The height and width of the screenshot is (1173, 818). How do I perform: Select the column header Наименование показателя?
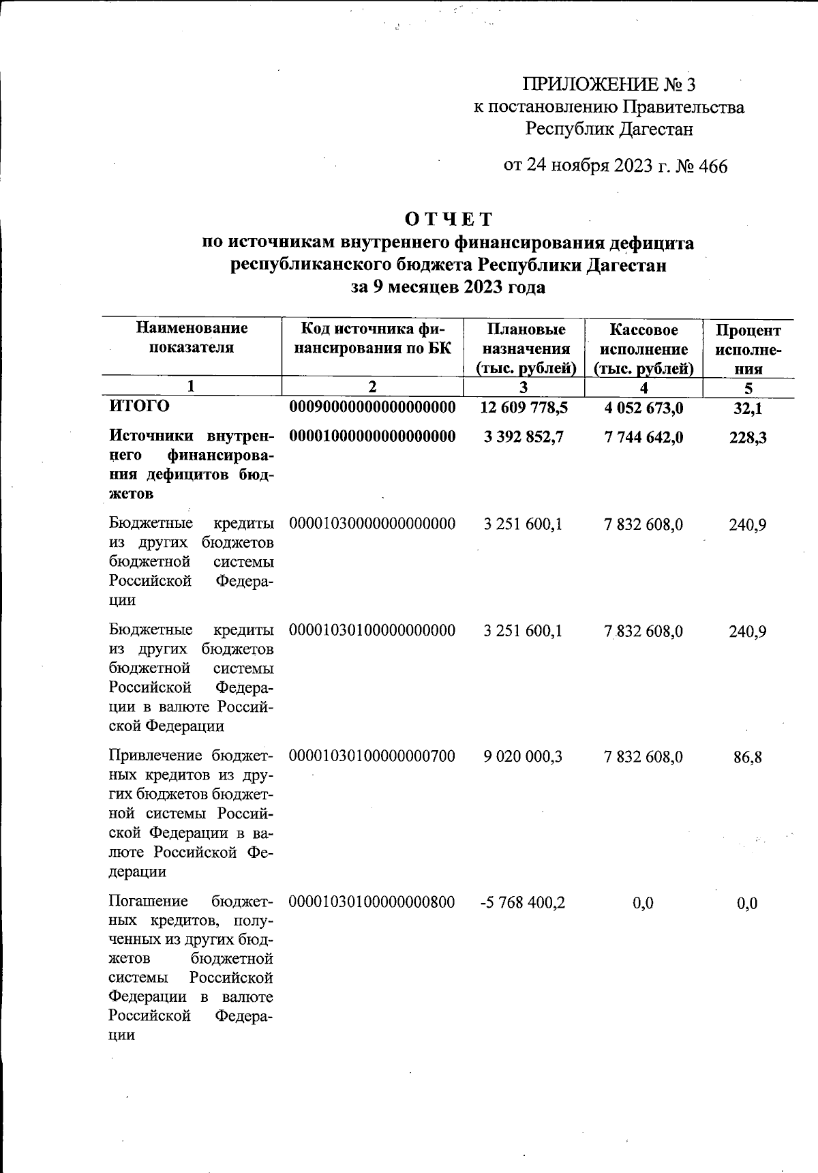(x=192, y=338)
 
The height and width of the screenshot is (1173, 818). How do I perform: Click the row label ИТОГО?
(x=139, y=407)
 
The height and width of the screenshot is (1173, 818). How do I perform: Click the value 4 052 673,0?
(x=643, y=408)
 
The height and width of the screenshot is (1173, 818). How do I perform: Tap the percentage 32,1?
(x=748, y=409)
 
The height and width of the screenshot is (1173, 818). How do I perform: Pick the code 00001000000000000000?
(x=372, y=436)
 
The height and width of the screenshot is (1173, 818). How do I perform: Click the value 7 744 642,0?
(x=643, y=437)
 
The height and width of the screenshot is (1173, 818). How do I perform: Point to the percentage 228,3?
(x=748, y=437)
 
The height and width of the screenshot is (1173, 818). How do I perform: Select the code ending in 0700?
(x=372, y=756)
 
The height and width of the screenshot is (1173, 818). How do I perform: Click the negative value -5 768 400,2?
(x=523, y=903)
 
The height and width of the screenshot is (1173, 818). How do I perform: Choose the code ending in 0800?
(x=372, y=903)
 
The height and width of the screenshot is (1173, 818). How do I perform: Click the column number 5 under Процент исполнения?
(x=748, y=389)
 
